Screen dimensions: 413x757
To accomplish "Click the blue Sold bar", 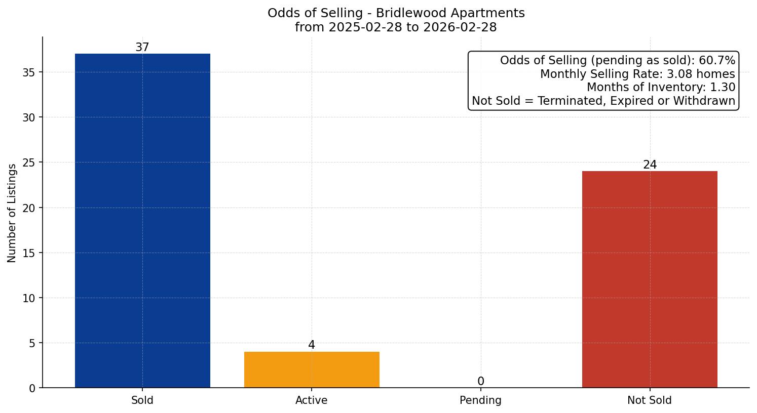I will coord(142,221).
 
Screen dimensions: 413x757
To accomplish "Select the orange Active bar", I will coord(312,369).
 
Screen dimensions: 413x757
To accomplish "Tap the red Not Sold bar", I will coord(650,279).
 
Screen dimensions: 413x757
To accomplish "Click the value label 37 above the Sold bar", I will coord(142,48).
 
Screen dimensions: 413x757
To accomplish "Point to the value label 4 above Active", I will coord(312,345).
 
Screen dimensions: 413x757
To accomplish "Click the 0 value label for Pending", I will coord(480,382).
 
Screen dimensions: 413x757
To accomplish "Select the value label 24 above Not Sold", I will coord(650,165).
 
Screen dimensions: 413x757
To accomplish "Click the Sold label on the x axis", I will coord(142,400).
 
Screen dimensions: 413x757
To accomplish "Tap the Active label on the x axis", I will coord(312,400).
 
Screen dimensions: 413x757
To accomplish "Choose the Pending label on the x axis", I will coord(480,400).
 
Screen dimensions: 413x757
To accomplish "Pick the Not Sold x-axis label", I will coord(650,400).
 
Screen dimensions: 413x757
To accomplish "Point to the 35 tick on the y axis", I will coord(29,72).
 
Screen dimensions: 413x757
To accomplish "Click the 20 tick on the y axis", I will coord(29,208).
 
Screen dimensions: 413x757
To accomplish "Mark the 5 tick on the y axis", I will coord(32,343).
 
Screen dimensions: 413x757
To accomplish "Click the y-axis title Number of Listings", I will coord(12,213).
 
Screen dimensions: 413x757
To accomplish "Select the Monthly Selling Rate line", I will coord(637,74).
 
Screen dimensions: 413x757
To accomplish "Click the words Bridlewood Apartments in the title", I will coord(450,13).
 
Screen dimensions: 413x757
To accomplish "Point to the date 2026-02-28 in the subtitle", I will coord(460,27).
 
